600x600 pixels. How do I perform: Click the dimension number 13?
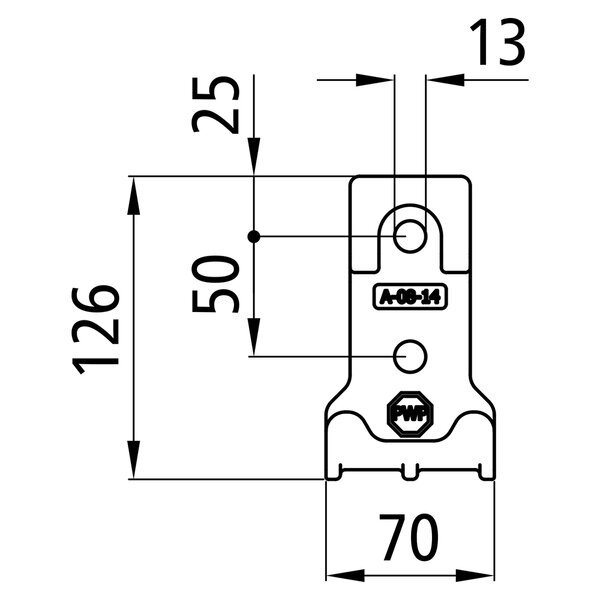pyautogui.click(x=497, y=42)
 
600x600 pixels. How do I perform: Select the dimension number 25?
pyautogui.click(x=215, y=104)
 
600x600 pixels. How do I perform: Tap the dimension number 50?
pyautogui.click(x=215, y=284)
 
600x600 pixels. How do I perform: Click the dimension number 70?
pyautogui.click(x=409, y=537)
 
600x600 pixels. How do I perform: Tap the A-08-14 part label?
pyautogui.click(x=410, y=296)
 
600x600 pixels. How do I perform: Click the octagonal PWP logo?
pyautogui.click(x=410, y=414)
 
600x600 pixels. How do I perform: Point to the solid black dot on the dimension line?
pyautogui.click(x=254, y=237)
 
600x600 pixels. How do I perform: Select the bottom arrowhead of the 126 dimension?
pyautogui.click(x=134, y=460)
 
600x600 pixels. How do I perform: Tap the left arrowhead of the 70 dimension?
pyautogui.click(x=345, y=576)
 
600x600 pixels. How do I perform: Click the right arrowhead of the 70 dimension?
pyautogui.click(x=475, y=576)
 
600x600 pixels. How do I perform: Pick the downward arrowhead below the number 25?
pyautogui.click(x=254, y=157)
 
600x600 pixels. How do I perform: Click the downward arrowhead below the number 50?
pyautogui.click(x=254, y=337)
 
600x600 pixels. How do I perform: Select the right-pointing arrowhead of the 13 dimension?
pyautogui.click(x=375, y=80)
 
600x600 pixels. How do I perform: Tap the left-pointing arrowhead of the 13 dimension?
pyautogui.click(x=445, y=80)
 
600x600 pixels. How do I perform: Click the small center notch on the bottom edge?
pyautogui.click(x=410, y=472)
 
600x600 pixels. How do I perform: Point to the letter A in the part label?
pyautogui.click(x=384, y=297)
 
